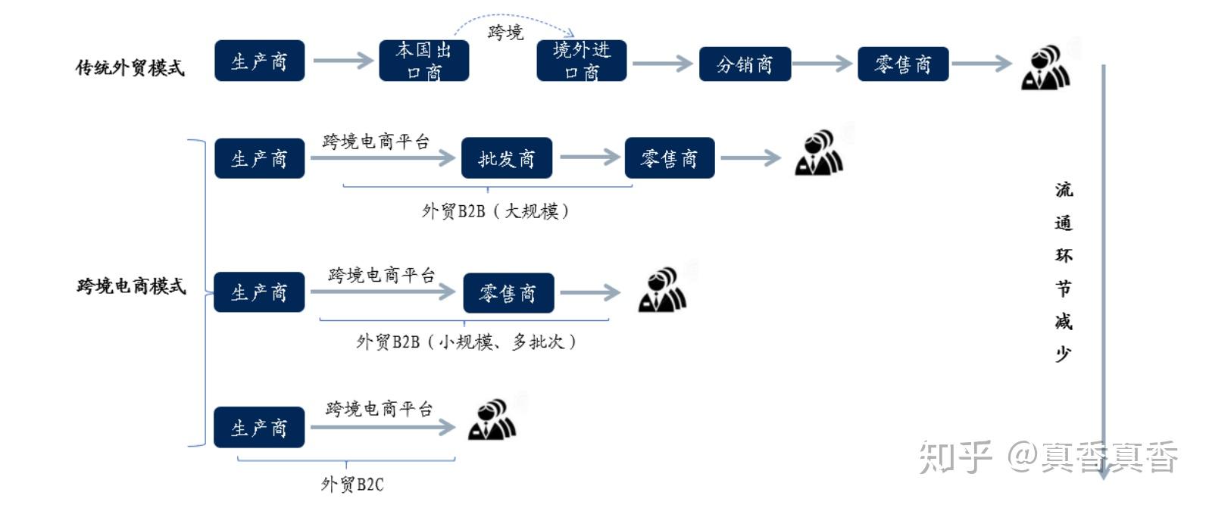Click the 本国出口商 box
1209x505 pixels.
[x=423, y=61]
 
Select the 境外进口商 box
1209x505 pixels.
[x=581, y=61]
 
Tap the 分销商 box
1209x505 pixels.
[x=745, y=64]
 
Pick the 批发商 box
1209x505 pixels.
[x=506, y=158]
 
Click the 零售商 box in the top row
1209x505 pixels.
[x=902, y=64]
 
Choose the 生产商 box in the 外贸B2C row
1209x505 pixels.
[x=258, y=428]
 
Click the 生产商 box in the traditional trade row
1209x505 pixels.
[x=259, y=61]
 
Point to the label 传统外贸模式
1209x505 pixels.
[x=130, y=67]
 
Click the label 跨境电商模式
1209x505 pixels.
[x=131, y=286]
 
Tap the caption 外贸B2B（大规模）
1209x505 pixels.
[x=495, y=210]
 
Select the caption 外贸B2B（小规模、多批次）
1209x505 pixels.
[x=466, y=341]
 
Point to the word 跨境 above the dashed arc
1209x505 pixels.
[x=505, y=33]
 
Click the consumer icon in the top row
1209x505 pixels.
[x=1045, y=68]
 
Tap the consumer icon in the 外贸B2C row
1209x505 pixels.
[x=492, y=420]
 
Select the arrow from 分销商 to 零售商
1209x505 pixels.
[x=823, y=64]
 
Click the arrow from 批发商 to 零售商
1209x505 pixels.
[x=589, y=157]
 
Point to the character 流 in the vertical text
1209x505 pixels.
[x=1064, y=189]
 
